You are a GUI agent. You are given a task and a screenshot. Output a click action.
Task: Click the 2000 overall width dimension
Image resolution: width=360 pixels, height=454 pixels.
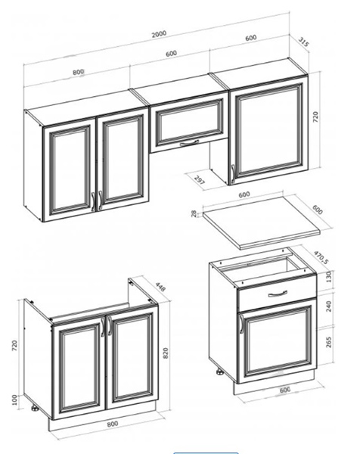click(159, 34)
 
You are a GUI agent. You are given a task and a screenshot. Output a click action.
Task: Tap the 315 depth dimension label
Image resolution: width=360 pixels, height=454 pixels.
click(303, 42)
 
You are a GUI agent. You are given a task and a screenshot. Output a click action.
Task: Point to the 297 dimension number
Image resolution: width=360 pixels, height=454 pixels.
click(200, 180)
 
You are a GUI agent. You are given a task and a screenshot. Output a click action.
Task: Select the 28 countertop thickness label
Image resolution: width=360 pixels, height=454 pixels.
click(194, 213)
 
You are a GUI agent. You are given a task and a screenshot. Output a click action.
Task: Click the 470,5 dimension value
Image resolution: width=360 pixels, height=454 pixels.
click(321, 257)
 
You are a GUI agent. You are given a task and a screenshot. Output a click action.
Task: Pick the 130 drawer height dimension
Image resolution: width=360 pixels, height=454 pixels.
click(328, 278)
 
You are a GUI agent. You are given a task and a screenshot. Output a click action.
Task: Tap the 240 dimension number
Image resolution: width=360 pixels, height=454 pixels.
click(329, 306)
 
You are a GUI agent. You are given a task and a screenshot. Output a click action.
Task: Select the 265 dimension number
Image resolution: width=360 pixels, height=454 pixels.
click(329, 342)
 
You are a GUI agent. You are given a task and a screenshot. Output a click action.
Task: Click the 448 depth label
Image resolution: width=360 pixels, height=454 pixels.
click(160, 287)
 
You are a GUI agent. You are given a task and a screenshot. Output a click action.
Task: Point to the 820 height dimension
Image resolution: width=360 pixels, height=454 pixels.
click(166, 353)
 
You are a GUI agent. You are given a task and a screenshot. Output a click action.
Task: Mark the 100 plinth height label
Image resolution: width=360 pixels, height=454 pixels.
click(15, 400)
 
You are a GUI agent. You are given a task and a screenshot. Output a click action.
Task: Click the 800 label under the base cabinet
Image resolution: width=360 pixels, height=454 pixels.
click(113, 424)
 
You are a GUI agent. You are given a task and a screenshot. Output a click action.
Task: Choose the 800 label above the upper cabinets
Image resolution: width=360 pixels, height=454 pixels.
click(78, 72)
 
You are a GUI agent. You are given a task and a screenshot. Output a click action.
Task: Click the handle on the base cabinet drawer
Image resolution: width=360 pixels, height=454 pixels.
click(278, 294)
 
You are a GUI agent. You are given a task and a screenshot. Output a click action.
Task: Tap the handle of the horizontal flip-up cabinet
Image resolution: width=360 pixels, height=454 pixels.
click(189, 143)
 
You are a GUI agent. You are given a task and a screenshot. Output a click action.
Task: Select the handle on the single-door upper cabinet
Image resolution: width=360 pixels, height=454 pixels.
click(233, 174)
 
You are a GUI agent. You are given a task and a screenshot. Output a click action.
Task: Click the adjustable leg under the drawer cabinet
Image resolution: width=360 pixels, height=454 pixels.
click(219, 372)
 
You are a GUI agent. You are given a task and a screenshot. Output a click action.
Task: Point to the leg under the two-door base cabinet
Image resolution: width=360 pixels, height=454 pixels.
click(35, 409)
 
